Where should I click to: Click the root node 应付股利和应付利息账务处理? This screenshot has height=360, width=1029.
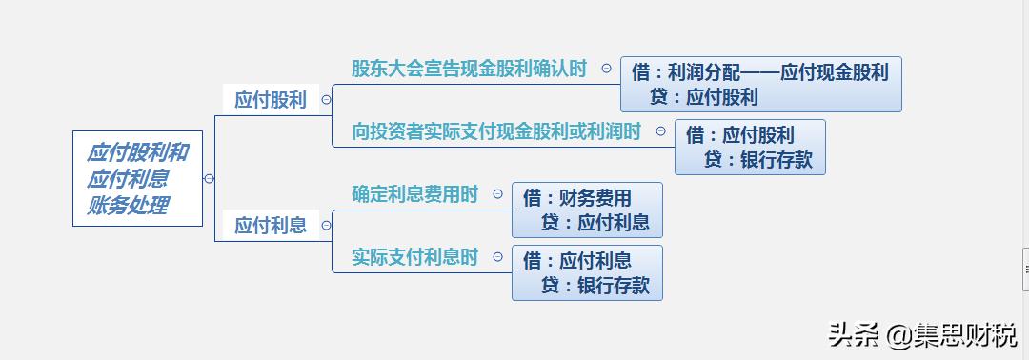[137, 178]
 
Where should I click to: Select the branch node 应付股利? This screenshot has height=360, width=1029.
[271, 99]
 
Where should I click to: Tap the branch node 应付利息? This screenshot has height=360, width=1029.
[271, 225]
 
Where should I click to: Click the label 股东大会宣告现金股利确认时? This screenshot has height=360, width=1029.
[469, 69]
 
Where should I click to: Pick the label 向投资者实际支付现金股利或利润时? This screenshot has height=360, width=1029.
[496, 131]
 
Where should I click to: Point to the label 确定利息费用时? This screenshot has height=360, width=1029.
[414, 194]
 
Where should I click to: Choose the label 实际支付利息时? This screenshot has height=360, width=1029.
[414, 257]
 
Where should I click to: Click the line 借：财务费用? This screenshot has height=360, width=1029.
[577, 198]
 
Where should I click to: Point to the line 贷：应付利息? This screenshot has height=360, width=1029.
[595, 223]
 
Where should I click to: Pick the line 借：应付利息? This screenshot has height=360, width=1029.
[577, 261]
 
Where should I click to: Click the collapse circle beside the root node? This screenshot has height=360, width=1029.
[209, 178]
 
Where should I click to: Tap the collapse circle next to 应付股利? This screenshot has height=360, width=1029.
[326, 99]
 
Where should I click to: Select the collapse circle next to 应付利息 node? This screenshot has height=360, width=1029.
[326, 225]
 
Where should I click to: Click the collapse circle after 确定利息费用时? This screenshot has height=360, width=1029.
[498, 194]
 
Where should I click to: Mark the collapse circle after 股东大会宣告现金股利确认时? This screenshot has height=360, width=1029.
[607, 69]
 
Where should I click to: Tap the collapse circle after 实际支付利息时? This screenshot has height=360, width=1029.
[498, 257]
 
